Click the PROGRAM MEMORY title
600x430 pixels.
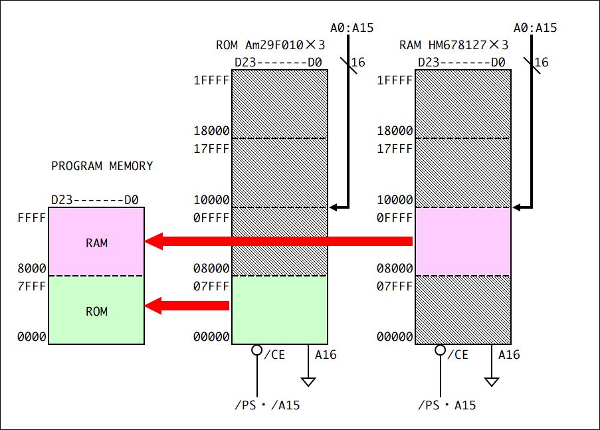(102, 165)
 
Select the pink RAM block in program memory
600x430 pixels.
(96, 241)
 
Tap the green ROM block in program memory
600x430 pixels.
(96, 310)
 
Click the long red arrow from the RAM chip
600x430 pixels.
(278, 241)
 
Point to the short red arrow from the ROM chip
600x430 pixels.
(187, 306)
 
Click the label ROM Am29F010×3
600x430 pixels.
(270, 45)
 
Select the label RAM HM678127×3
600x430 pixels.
(454, 45)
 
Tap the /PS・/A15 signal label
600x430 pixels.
(267, 405)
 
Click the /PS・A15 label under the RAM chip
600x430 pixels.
(447, 405)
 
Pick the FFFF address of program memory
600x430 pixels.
(32, 218)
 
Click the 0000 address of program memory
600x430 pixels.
(32, 336)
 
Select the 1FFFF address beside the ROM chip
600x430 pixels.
(211, 80)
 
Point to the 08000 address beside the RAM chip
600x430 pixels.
(395, 268)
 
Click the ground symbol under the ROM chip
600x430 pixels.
(308, 381)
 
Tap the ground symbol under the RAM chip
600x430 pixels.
(492, 381)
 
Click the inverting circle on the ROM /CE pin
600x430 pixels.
(256, 350)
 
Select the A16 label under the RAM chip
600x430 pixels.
(509, 355)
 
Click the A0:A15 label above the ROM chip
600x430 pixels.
(351, 27)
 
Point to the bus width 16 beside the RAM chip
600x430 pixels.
(542, 62)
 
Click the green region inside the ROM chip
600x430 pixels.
(280, 310)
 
